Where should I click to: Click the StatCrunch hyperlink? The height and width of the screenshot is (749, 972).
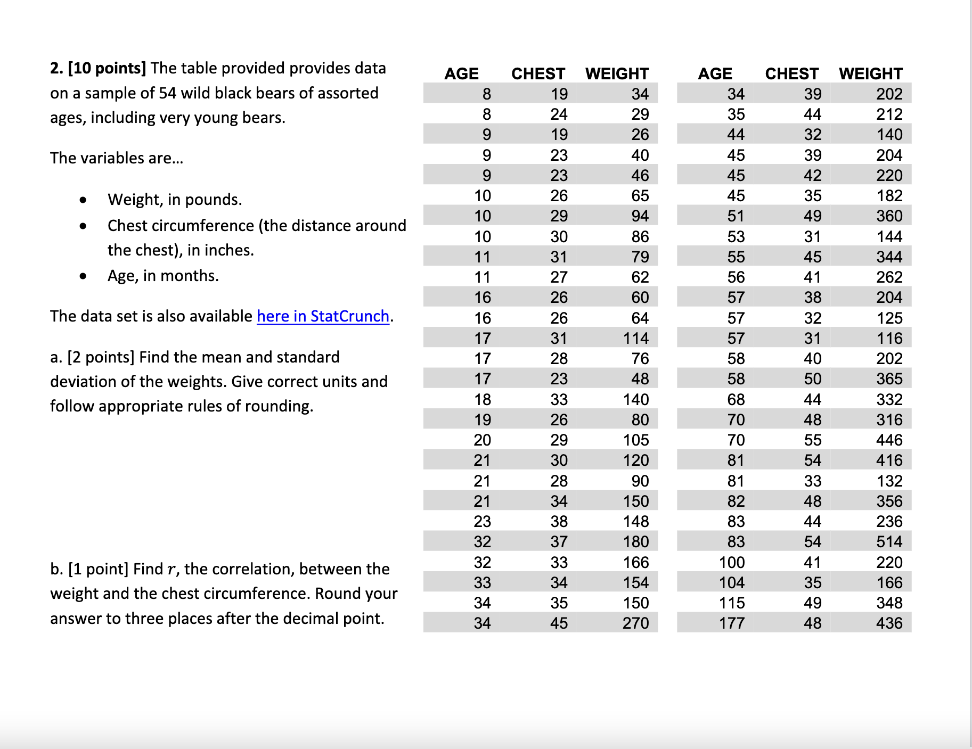tap(323, 316)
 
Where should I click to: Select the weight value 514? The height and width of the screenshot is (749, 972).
tap(889, 542)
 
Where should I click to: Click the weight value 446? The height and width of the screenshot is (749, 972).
tap(889, 440)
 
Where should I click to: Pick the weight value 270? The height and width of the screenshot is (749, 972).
tap(635, 623)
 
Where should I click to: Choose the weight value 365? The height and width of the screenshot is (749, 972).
tap(889, 379)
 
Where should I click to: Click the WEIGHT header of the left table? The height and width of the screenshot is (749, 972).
tap(617, 73)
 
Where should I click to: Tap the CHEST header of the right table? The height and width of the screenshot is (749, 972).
tap(791, 73)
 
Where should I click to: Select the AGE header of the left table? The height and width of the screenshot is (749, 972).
tap(461, 73)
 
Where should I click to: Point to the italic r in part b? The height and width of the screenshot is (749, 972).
tap(170, 570)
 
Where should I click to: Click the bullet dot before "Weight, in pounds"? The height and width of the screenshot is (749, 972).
tap(83, 201)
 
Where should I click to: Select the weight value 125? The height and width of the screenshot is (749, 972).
tap(889, 318)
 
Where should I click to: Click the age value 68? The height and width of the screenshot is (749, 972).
tap(736, 400)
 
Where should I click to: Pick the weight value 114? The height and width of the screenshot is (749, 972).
tap(635, 339)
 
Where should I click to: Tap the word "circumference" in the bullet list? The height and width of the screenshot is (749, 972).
tap(181, 226)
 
